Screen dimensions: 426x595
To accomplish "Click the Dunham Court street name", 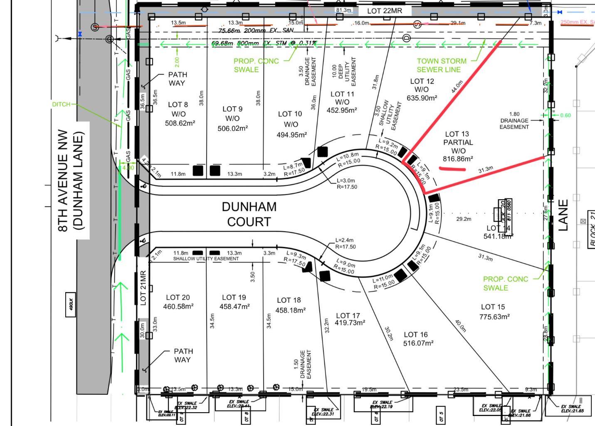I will click(x=249, y=214).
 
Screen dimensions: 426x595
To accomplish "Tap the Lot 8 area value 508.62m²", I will click(x=180, y=123).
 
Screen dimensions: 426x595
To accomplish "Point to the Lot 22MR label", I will click(x=385, y=11).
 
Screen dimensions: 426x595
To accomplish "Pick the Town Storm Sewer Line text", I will click(x=441, y=65).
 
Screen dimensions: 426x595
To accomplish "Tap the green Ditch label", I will click(x=61, y=104).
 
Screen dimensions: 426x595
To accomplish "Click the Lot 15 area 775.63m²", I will click(x=494, y=317).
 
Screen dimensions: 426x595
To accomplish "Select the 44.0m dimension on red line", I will click(x=456, y=87).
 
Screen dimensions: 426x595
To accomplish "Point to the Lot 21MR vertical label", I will click(x=143, y=288).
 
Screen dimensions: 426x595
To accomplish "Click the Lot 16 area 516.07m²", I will click(x=418, y=343).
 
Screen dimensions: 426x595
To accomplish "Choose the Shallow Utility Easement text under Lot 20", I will click(x=206, y=259).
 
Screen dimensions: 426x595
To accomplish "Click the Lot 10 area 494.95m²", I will click(x=291, y=135).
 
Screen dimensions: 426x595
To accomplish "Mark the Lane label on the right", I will click(x=563, y=215).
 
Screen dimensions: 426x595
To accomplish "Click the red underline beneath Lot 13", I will click(x=452, y=169).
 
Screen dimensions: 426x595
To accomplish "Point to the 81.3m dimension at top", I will click(x=343, y=10).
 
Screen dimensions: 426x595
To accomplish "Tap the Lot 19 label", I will click(x=234, y=297).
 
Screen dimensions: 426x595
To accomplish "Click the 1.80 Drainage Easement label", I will click(x=514, y=121).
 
